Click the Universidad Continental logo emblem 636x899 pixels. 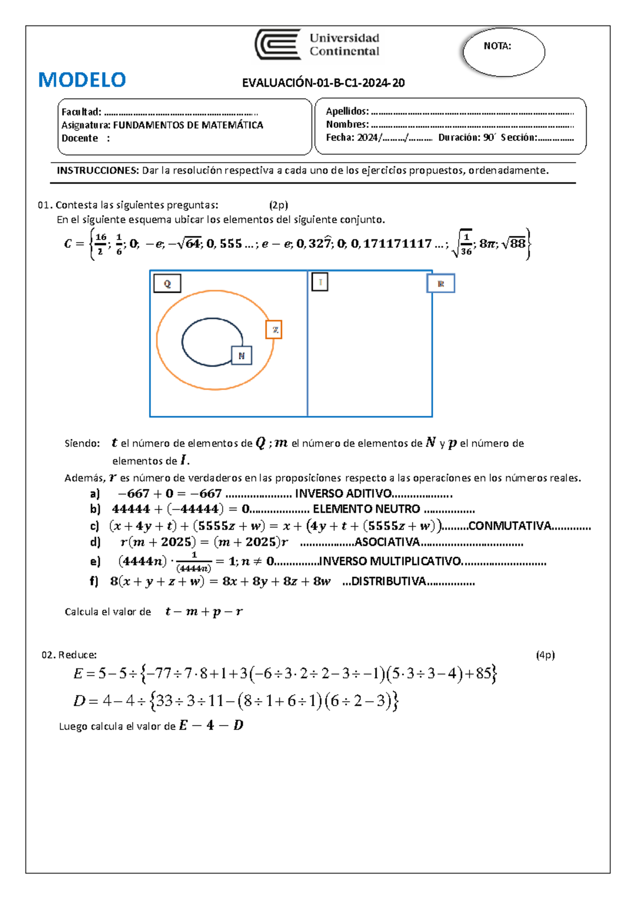pyautogui.click(x=278, y=45)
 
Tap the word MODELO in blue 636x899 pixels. pyautogui.click(x=82, y=80)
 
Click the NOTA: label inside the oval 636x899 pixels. pyautogui.click(x=497, y=46)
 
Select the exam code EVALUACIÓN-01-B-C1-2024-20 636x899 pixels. pyautogui.click(x=323, y=83)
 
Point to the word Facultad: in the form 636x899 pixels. pyautogui.click(x=81, y=112)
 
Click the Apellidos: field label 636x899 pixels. pyautogui.click(x=347, y=111)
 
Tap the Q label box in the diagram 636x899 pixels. pyautogui.click(x=167, y=284)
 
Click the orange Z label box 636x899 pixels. pyautogui.click(x=274, y=330)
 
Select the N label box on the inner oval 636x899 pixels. pyautogui.click(x=242, y=356)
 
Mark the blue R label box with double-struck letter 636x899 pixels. pyautogui.click(x=441, y=284)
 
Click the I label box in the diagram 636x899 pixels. pyautogui.click(x=320, y=282)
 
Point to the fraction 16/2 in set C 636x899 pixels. pyautogui.click(x=101, y=243)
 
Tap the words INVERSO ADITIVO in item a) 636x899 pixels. pyautogui.click(x=343, y=493)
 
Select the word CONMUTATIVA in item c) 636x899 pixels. pyautogui.click(x=509, y=526)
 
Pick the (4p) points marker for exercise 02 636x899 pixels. pyautogui.click(x=545, y=655)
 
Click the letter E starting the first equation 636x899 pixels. pyautogui.click(x=78, y=674)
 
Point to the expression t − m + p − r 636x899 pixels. pyautogui.click(x=204, y=612)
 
